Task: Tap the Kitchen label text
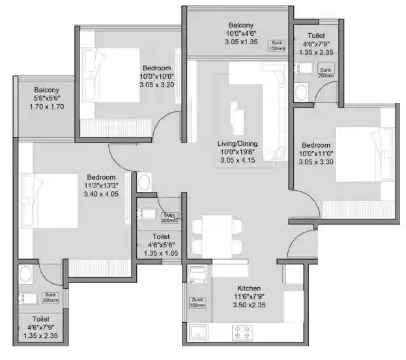(x=249, y=288)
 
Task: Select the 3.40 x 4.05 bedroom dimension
(x=102, y=193)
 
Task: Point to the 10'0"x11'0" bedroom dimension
(x=316, y=154)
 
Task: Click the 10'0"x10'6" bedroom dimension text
(x=157, y=76)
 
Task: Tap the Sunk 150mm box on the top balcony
(x=278, y=46)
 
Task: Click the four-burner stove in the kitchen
(x=242, y=333)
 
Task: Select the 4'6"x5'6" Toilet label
(x=160, y=237)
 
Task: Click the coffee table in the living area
(x=239, y=120)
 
